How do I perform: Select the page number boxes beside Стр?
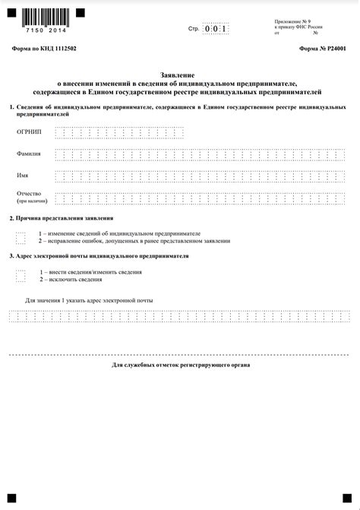(x=216, y=29)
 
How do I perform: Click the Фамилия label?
(x=28, y=154)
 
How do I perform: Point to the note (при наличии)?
(x=32, y=202)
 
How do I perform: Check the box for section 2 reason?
(x=21, y=237)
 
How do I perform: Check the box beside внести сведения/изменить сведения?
(x=21, y=276)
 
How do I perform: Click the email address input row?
(x=179, y=316)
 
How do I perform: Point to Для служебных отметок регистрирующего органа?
(x=180, y=365)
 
